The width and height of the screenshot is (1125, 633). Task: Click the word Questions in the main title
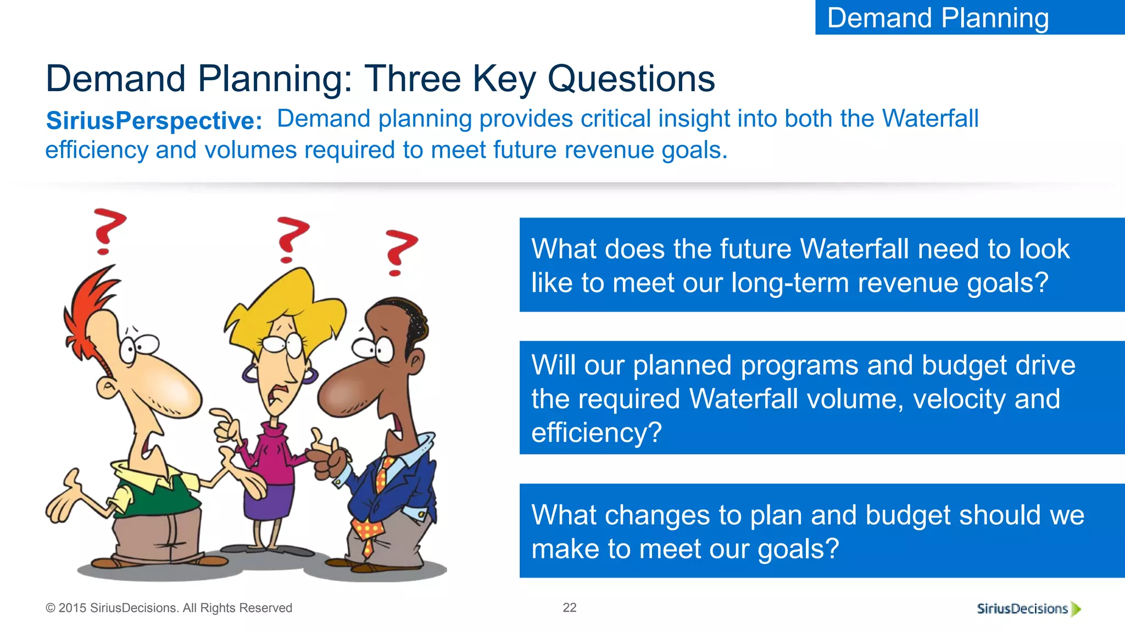tap(631, 79)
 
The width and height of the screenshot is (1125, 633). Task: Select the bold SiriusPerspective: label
tap(154, 121)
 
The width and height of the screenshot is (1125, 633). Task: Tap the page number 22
tap(570, 607)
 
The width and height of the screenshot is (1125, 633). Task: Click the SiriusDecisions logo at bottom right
tap(1028, 608)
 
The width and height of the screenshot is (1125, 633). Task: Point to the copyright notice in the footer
tap(169, 608)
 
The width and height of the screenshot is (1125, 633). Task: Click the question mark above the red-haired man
tap(108, 231)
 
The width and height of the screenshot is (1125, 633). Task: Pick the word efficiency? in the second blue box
tap(597, 432)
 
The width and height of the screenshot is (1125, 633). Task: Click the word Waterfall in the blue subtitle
tap(930, 119)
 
